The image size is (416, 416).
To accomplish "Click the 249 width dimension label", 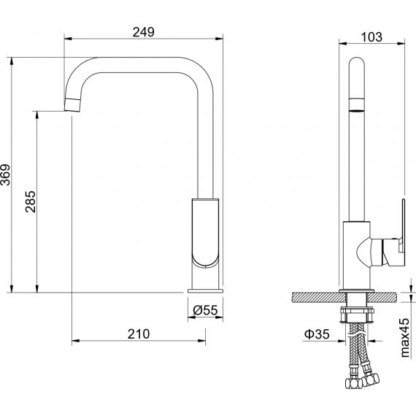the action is (143, 32).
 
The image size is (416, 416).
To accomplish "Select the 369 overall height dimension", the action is (5, 174).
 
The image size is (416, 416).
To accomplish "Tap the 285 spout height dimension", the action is (31, 201).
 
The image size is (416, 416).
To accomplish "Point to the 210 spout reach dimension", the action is (139, 334).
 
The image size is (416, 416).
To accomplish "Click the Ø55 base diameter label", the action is (205, 310).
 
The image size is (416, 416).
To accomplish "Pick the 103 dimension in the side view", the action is (371, 37).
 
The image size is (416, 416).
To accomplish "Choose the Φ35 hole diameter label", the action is (317, 334).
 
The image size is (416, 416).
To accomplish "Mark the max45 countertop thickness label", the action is (405, 337).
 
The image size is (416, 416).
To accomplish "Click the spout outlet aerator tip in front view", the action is (72, 105).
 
